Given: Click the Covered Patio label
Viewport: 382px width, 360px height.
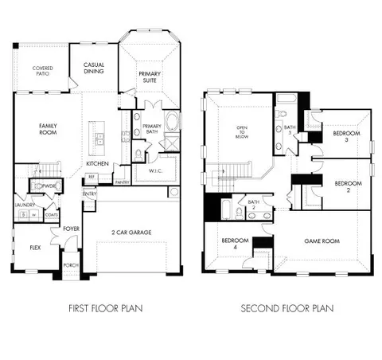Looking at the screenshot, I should click(x=43, y=72).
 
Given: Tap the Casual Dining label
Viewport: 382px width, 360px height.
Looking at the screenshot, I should click(x=94, y=70).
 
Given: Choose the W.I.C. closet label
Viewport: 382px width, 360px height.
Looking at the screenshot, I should click(x=156, y=170).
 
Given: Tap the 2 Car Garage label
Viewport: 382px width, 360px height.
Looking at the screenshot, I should click(x=131, y=233).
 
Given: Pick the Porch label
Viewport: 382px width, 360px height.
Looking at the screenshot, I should click(x=70, y=265).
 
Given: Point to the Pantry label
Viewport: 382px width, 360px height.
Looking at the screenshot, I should click(x=122, y=182).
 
